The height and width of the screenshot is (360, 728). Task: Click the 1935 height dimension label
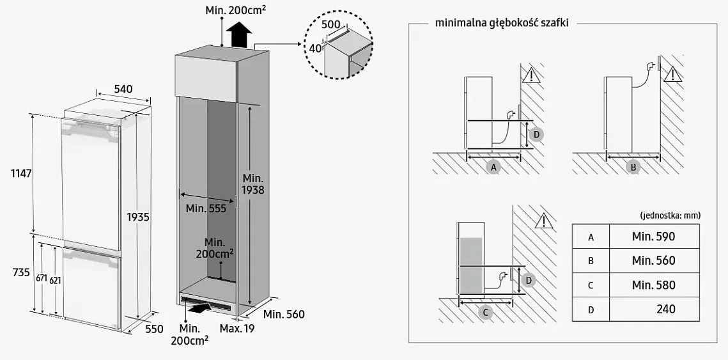(x=138, y=217)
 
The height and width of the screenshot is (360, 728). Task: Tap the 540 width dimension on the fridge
(x=123, y=89)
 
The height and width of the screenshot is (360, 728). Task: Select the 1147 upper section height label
(x=21, y=173)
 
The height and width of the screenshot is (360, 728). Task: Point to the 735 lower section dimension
(x=21, y=272)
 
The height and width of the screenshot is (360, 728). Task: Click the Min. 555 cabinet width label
(x=206, y=208)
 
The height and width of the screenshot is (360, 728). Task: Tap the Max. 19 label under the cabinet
(x=236, y=329)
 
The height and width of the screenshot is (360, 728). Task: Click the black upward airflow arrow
(x=239, y=35)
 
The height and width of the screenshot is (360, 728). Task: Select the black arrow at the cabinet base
(x=198, y=306)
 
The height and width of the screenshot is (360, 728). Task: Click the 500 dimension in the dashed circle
(x=330, y=25)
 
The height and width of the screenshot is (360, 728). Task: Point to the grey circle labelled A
(x=493, y=166)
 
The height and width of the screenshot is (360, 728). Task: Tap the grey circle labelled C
(x=485, y=313)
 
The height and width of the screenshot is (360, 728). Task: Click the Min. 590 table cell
(x=653, y=237)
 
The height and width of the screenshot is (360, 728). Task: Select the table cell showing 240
(x=653, y=309)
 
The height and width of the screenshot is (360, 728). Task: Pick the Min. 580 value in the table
(x=653, y=285)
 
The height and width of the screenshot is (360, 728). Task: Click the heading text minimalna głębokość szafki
(x=502, y=23)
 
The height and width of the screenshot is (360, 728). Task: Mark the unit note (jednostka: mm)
(x=670, y=215)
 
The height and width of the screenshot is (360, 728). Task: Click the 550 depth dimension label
(x=154, y=329)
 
